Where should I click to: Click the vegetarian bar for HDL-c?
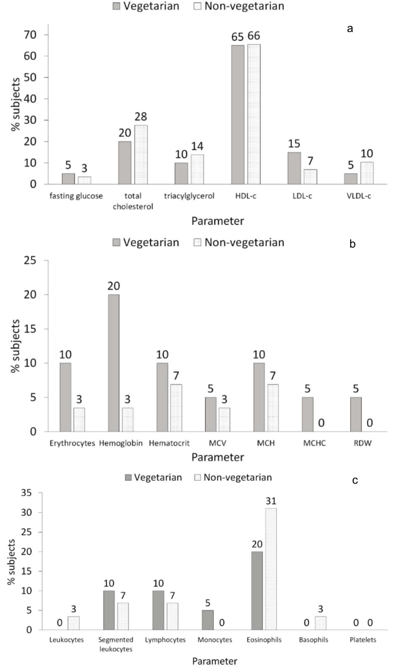238,115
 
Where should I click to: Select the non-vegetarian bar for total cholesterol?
141,155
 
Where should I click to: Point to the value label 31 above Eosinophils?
271,501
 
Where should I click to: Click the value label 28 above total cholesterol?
141,117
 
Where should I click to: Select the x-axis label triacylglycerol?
189,196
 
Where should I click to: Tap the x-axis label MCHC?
314,443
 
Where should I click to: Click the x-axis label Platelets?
363,640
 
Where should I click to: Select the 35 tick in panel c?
27,493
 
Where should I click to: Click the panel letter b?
352,244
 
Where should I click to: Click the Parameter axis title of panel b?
218,457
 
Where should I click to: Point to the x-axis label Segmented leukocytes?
116,644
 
